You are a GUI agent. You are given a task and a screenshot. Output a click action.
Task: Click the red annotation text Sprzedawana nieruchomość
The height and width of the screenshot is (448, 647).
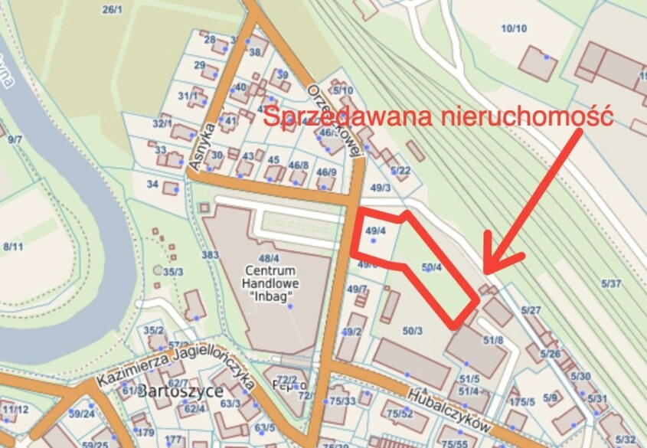pyautogui.click(x=439, y=118)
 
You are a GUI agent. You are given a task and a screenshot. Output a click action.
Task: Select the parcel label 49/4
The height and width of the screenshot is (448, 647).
pyautogui.click(x=376, y=230)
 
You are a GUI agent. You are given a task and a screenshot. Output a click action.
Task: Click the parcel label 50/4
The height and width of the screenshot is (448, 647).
pyautogui.click(x=433, y=267)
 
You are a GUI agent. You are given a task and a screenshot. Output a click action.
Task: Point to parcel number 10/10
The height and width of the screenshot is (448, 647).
pyautogui.click(x=514, y=29)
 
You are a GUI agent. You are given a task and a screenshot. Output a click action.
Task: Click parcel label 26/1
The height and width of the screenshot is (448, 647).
pyautogui.click(x=112, y=9)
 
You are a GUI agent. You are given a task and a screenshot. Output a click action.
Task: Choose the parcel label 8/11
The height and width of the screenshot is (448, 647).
pyautogui.click(x=13, y=247)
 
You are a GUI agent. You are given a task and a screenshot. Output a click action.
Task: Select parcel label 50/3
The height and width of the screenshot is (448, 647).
pyautogui.click(x=412, y=330)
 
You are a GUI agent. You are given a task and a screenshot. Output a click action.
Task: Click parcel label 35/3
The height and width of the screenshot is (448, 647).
pyautogui.click(x=173, y=271)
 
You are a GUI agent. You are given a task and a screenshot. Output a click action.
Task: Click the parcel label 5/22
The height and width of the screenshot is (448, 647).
pyautogui.click(x=400, y=170)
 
